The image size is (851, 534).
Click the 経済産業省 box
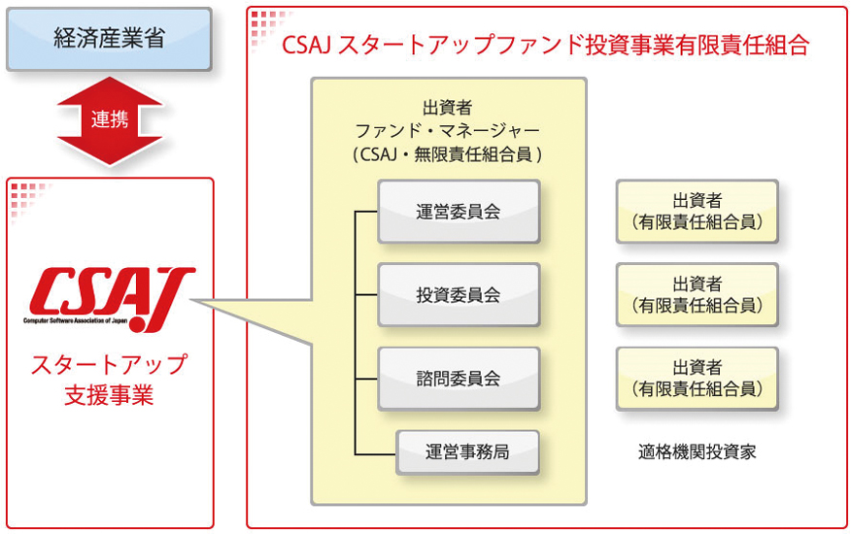(x=109, y=39)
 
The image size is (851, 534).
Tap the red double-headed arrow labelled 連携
(x=110, y=120)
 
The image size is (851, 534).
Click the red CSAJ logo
(x=110, y=298)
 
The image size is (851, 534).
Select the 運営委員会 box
(x=459, y=212)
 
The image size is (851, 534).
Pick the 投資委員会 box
(x=459, y=295)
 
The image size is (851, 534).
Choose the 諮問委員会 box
(x=459, y=379)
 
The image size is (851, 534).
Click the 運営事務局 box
(x=467, y=452)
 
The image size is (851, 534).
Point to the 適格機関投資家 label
(x=697, y=452)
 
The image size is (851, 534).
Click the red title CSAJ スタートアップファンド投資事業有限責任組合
(x=545, y=45)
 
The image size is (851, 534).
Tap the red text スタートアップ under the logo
(x=110, y=365)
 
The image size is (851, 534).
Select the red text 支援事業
(x=110, y=395)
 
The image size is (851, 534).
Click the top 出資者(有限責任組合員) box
(x=698, y=212)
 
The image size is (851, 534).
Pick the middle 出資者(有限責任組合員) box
(x=698, y=295)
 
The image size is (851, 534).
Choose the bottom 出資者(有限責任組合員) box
(x=698, y=379)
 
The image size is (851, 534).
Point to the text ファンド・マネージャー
(x=448, y=131)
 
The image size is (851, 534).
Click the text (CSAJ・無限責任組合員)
(x=448, y=155)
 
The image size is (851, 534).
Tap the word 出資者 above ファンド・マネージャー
(x=448, y=108)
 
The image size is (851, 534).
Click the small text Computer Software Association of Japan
(x=76, y=320)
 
